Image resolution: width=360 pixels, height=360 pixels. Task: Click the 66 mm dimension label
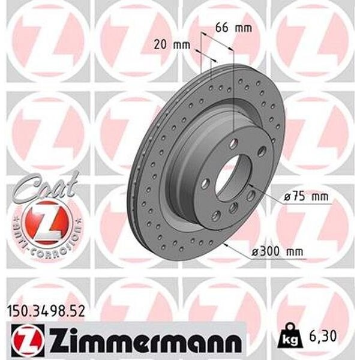click(233, 28)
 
